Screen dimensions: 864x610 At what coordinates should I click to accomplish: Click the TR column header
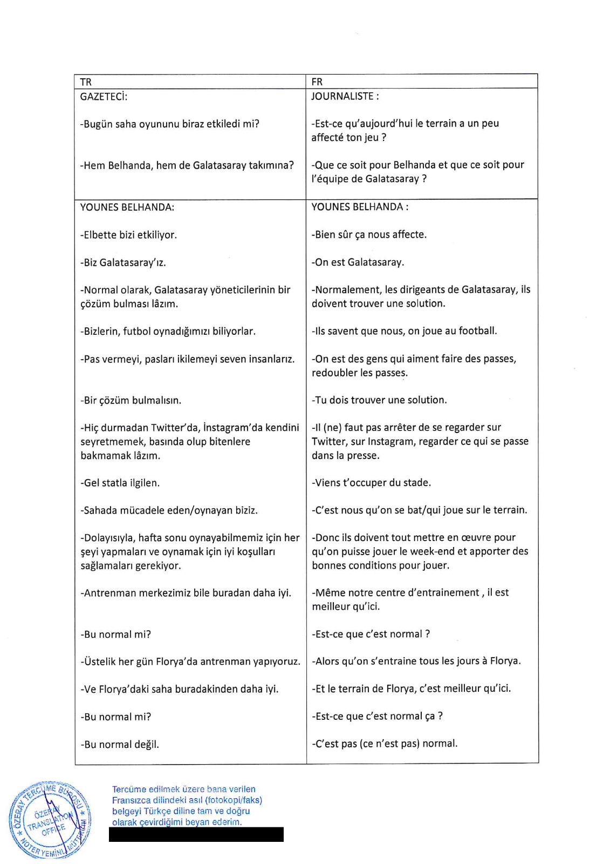[86, 82]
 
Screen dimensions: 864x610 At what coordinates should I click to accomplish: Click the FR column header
[317, 82]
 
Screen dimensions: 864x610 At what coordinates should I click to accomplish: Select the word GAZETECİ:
[104, 97]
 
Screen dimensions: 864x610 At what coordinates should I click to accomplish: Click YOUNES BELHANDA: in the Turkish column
[127, 207]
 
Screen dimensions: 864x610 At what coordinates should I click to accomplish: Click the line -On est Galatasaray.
[358, 262]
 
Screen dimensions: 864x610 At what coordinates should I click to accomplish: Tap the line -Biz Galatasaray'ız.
[123, 263]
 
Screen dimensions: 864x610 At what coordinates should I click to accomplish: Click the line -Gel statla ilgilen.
[120, 483]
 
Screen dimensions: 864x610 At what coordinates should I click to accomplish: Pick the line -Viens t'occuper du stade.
[371, 483]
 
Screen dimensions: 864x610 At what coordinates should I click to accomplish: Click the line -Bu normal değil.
[120, 744]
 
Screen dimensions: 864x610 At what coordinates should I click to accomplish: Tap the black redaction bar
[196, 835]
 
